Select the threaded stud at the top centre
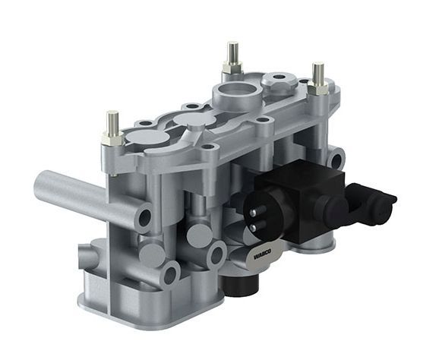pyautogui.click(x=232, y=53)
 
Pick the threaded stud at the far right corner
pyautogui.click(x=318, y=73)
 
